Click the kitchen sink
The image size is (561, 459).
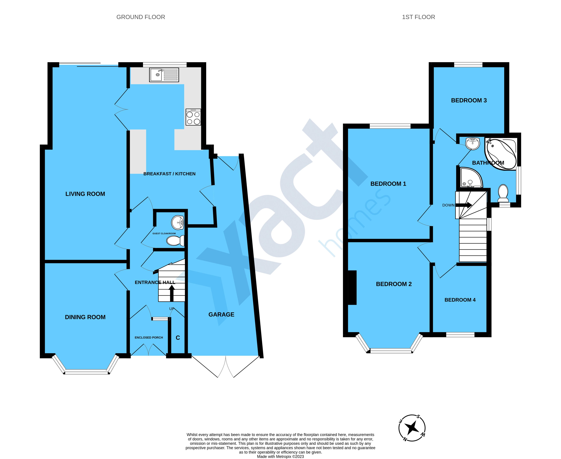164,75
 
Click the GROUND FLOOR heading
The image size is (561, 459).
141,17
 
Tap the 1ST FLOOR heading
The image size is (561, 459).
418,17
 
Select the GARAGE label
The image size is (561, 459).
221,314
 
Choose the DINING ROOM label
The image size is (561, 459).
85,317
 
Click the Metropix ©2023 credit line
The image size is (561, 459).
280,456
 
